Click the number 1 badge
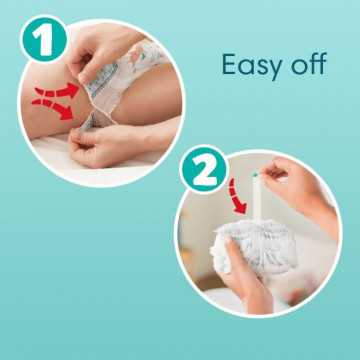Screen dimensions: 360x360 tap(45, 39)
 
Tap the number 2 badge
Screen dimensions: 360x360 tap(203, 169)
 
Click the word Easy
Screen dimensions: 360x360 tap(251, 64)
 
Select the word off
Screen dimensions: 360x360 tap(308, 63)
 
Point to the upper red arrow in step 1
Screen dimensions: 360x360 tap(57, 91)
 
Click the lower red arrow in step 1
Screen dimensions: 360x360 tap(53, 108)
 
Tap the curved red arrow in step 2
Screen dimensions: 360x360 tap(236, 197)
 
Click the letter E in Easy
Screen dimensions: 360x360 tap(230, 64)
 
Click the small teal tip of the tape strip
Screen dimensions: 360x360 tap(255, 174)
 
